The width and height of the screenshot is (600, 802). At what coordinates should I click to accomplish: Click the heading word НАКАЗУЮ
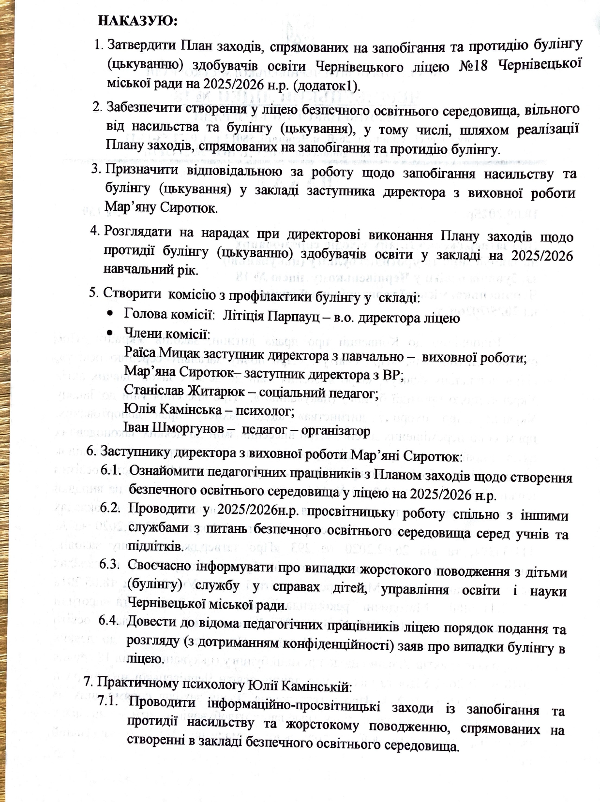[x=138, y=21]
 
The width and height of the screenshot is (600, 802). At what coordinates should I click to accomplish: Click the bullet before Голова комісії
[x=111, y=314]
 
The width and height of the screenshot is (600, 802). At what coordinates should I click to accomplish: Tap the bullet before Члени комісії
[x=111, y=333]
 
